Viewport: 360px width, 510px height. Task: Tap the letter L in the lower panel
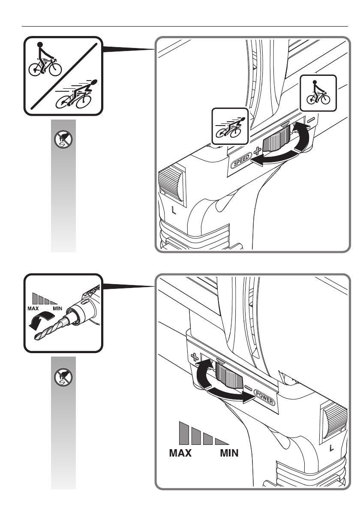tap(332, 448)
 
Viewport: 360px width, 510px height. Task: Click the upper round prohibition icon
tap(63, 140)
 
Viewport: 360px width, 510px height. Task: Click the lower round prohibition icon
tap(63, 377)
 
